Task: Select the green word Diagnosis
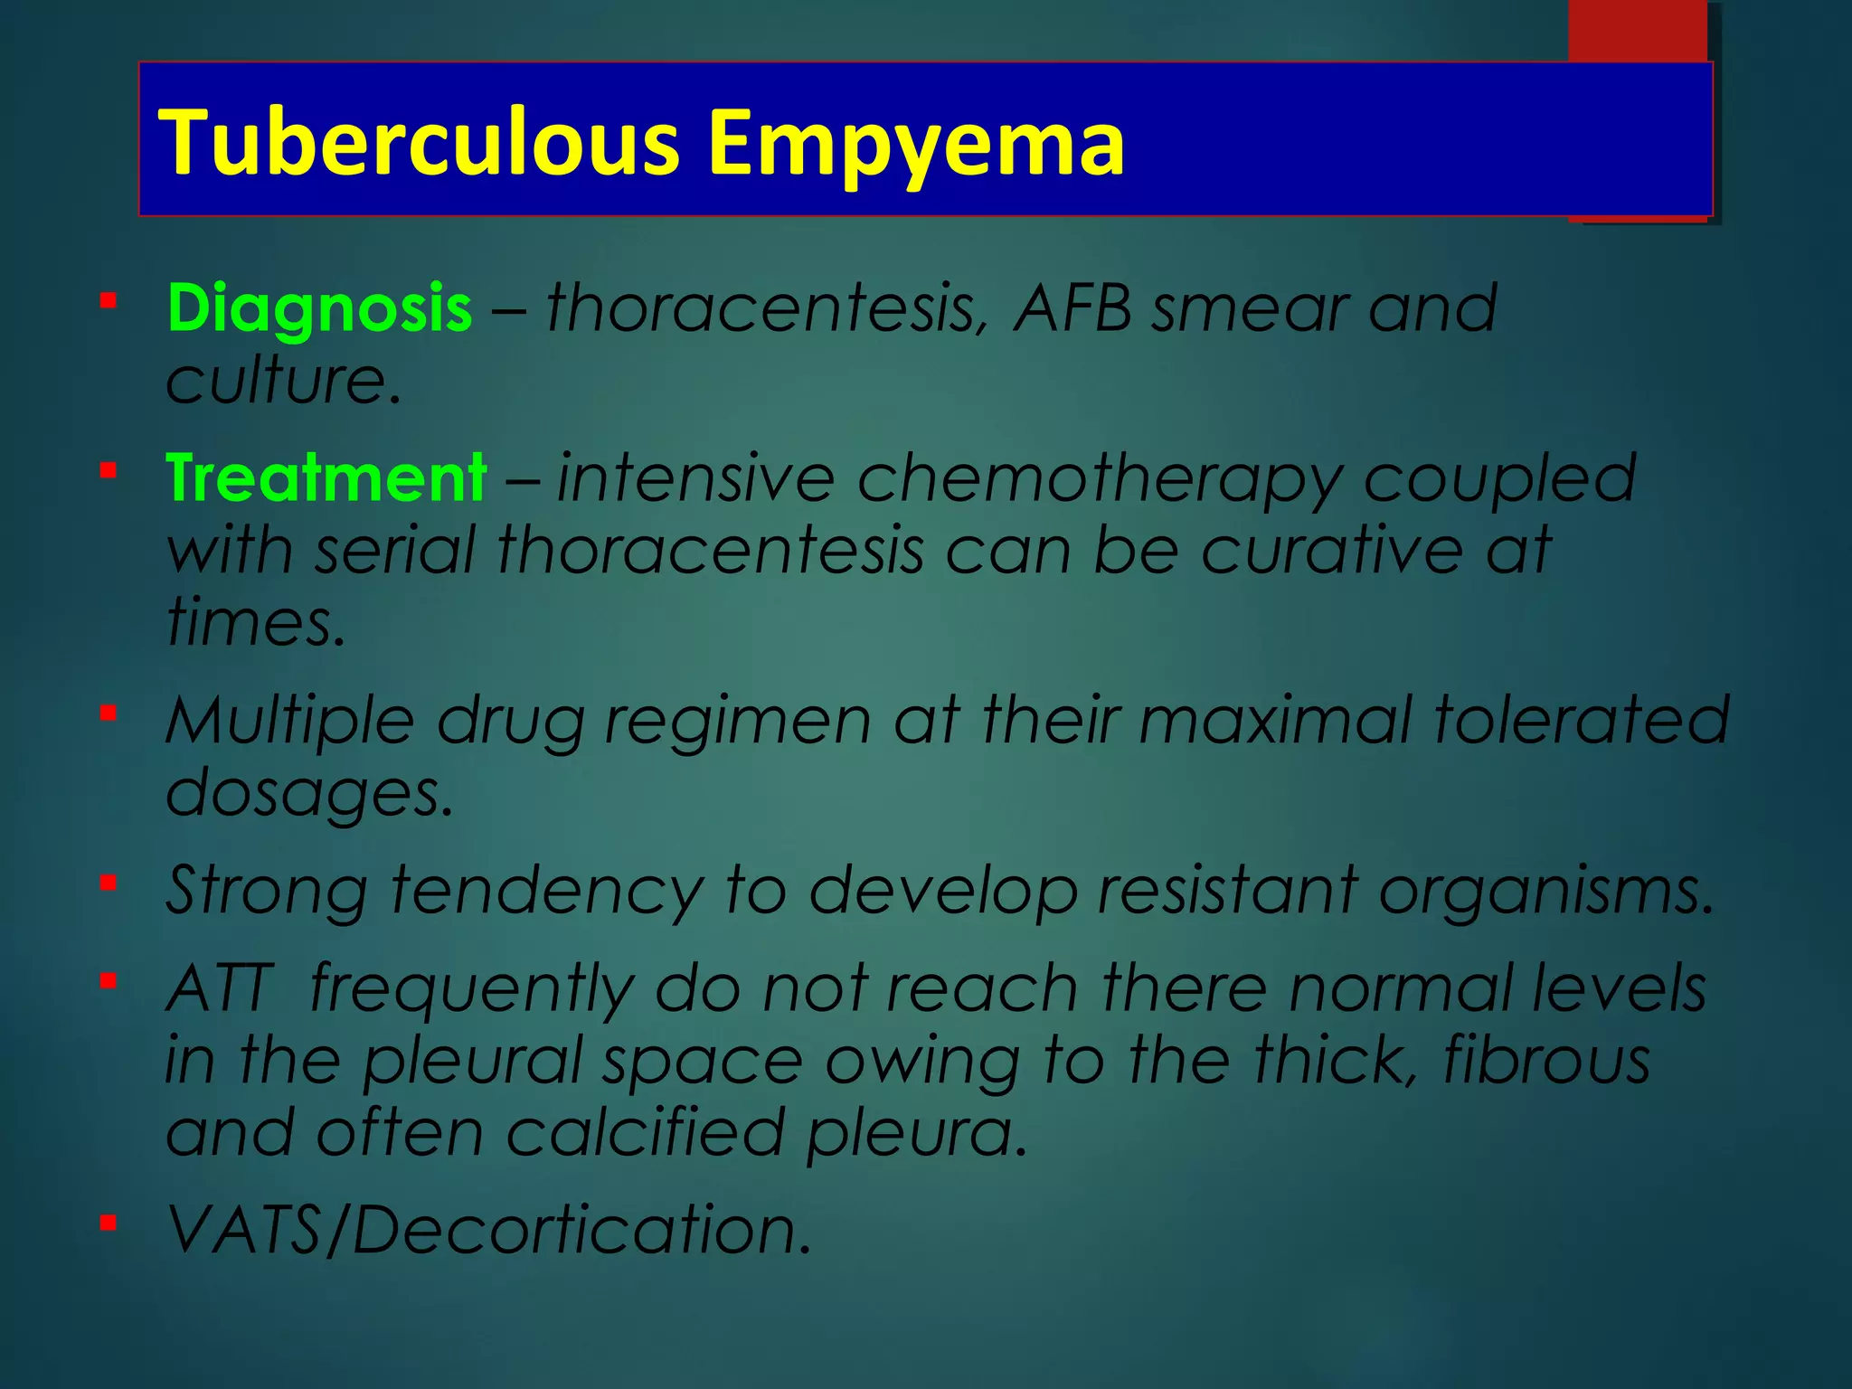click(319, 308)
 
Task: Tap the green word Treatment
click(326, 477)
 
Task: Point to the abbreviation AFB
click(1072, 308)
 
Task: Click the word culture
click(282, 380)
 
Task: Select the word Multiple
click(289, 722)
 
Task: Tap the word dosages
click(307, 793)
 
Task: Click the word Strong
click(267, 890)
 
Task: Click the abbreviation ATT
click(220, 987)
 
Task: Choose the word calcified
click(644, 1132)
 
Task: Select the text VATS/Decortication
click(488, 1230)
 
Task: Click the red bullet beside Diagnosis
click(109, 300)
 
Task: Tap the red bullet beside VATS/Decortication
click(109, 1224)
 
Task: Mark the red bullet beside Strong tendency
click(109, 883)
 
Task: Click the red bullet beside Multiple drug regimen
click(109, 713)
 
